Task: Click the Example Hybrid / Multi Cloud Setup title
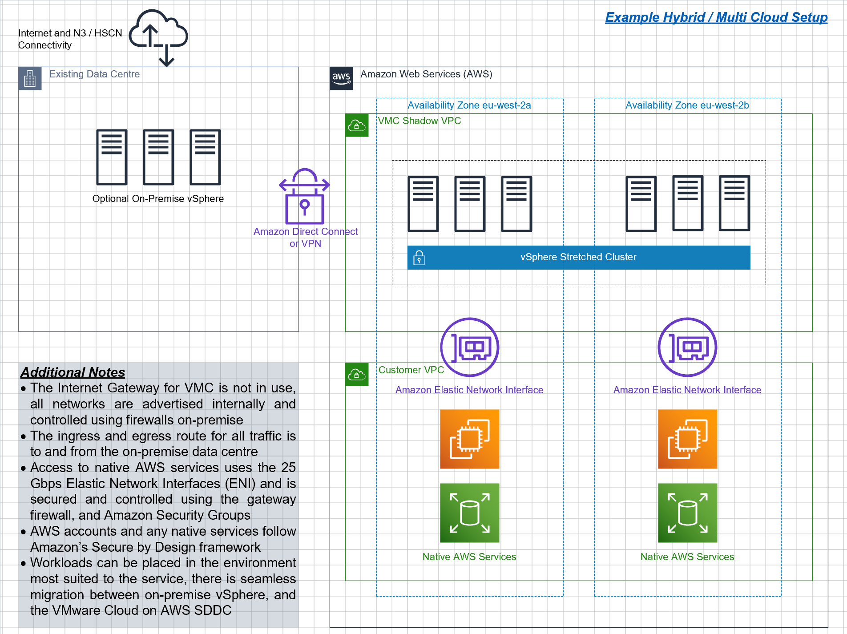coord(716,17)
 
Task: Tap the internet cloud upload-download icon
coord(158,38)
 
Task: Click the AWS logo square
coord(341,78)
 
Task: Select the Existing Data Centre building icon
coord(30,78)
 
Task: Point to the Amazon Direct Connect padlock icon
coord(305,196)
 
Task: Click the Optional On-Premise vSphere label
coord(158,198)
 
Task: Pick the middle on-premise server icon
coord(158,157)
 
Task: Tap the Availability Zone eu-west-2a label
coord(469,105)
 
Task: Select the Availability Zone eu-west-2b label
coord(687,105)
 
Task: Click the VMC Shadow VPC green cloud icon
coord(357,125)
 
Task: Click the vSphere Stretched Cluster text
coord(578,257)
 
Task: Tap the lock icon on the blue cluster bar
coord(419,258)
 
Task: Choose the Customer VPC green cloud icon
coord(357,375)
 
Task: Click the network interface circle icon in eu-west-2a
coord(470,347)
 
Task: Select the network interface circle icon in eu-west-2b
coord(688,347)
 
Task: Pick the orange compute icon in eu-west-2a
coord(470,439)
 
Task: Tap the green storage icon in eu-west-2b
coord(688,513)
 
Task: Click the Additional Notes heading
coord(73,372)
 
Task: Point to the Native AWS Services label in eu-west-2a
coord(469,557)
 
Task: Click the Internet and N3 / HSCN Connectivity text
coord(70,39)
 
